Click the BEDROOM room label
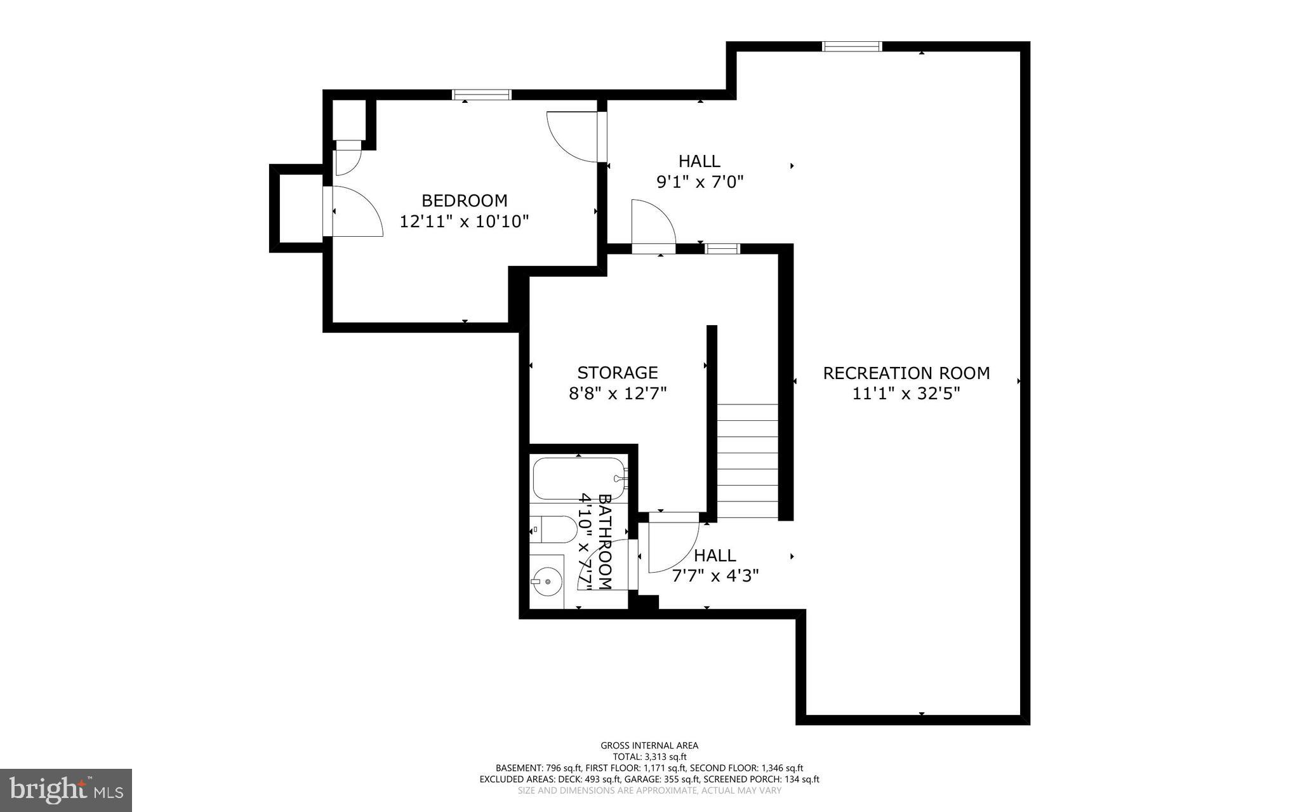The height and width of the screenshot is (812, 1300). pos(465,201)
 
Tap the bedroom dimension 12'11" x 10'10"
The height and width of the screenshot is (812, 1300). pos(465,222)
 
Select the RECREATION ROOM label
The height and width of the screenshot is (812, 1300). pos(906,373)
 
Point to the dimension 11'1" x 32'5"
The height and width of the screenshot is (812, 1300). pos(906,394)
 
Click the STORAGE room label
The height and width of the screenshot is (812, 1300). pos(617,372)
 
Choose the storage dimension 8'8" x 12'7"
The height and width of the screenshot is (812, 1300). pos(617,394)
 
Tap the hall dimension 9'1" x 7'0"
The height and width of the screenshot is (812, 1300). pos(700,182)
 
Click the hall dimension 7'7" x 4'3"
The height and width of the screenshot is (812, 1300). pos(715,576)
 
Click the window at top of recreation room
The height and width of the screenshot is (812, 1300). pos(852,46)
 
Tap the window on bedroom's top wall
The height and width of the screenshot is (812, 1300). pos(481,95)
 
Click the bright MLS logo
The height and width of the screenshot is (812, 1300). pos(66,789)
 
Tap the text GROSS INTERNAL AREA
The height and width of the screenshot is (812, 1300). pos(649,745)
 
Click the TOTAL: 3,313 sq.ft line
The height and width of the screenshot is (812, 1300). pos(649,757)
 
